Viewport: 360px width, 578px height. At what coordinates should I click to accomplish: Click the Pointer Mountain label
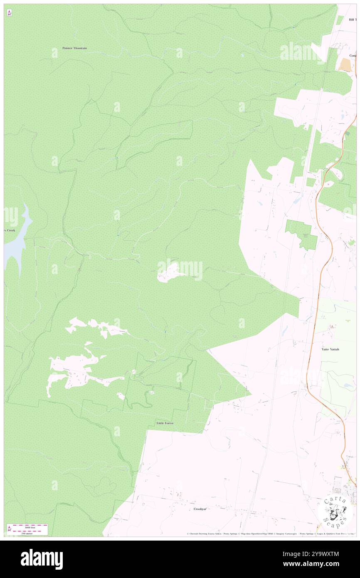click(x=74, y=48)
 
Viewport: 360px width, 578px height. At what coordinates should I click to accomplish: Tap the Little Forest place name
click(x=165, y=423)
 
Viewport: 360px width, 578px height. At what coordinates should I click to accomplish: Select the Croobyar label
click(x=200, y=509)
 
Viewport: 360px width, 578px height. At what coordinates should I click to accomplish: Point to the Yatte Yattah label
click(x=330, y=349)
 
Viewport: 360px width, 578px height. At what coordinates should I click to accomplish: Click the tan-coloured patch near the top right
click(x=345, y=64)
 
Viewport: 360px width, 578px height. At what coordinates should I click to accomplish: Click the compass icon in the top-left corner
click(x=9, y=13)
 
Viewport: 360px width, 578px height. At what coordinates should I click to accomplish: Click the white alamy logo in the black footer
click(x=42, y=559)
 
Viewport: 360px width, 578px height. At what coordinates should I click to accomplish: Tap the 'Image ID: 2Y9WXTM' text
click(x=320, y=553)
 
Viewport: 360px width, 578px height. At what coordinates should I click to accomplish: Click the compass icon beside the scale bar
click(x=9, y=529)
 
